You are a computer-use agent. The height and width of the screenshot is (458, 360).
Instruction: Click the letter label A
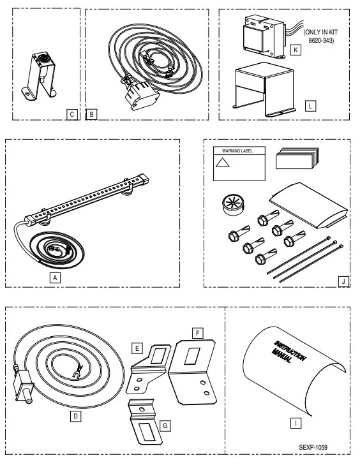coord(56,277)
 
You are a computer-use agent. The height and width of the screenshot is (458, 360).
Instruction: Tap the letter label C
coord(72,114)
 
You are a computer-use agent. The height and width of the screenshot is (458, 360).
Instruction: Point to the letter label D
coord(75,415)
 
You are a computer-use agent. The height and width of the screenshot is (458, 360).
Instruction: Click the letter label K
coord(295,50)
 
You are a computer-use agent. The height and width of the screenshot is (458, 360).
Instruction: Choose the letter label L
coord(310,107)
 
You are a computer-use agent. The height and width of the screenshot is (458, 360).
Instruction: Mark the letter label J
coord(343,280)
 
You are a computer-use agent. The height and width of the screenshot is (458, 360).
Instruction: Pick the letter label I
coord(296,422)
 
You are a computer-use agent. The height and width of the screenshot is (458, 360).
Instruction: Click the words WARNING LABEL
coord(237,151)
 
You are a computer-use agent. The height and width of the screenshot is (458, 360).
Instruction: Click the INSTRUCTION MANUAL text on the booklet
coord(290,351)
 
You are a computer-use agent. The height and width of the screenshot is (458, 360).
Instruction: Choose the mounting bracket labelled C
coord(41,74)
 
